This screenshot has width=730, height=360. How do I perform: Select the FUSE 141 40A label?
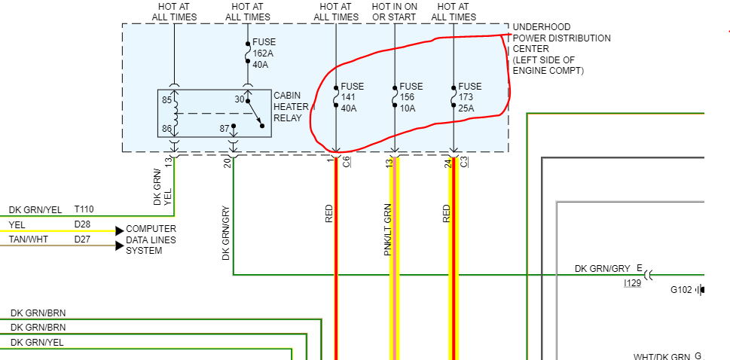352,97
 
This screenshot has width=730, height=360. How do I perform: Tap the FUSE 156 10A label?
411,97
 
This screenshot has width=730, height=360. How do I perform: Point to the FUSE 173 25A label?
469,97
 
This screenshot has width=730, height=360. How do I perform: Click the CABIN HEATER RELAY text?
292,105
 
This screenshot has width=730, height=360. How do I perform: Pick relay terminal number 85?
166,99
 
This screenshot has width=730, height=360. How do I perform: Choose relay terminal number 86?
166,129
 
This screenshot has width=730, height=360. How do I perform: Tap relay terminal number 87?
224,129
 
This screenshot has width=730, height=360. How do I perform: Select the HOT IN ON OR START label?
394,11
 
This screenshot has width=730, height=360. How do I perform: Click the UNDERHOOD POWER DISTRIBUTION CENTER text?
561,48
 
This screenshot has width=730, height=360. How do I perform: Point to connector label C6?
347,161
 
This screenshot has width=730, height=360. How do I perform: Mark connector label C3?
464,161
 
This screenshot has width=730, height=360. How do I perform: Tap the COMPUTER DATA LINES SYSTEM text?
151,239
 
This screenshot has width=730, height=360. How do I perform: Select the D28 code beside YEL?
82,224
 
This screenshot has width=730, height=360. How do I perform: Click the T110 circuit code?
84,209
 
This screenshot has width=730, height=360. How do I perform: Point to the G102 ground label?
683,289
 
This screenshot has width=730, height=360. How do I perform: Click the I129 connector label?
633,282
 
